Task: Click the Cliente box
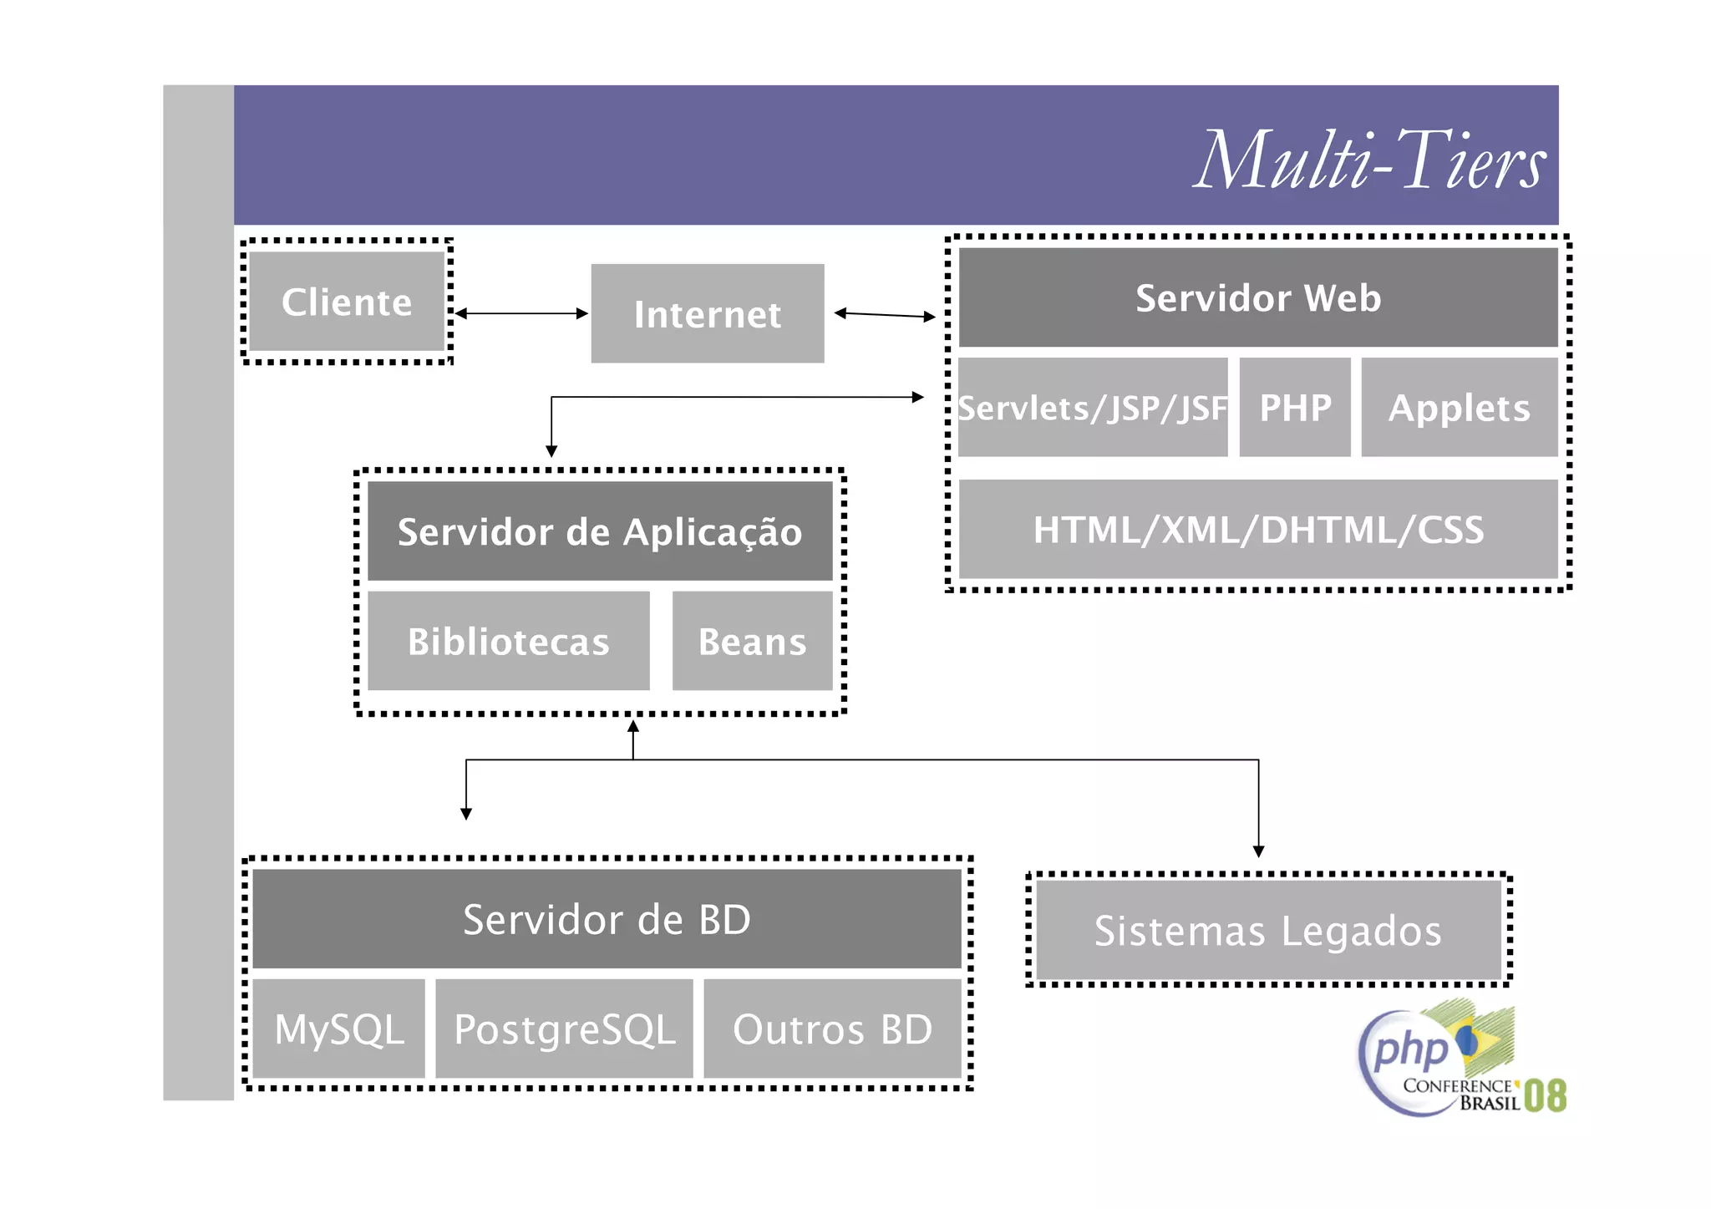pyautogui.click(x=347, y=302)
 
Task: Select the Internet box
pyautogui.click(x=707, y=314)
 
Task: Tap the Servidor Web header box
pyautogui.click(x=1257, y=297)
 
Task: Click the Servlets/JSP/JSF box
pyautogui.click(x=1092, y=408)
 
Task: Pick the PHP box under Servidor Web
pyautogui.click(x=1294, y=408)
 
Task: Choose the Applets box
pyautogui.click(x=1459, y=408)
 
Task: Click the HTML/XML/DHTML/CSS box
pyautogui.click(x=1257, y=530)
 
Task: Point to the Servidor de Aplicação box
pyautogui.click(x=600, y=531)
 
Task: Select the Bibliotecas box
pyautogui.click(x=508, y=642)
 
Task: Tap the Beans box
pyautogui.click(x=752, y=642)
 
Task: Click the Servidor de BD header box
pyautogui.click(x=607, y=919)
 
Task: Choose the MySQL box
pyautogui.click(x=338, y=1029)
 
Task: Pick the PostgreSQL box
pyautogui.click(x=564, y=1029)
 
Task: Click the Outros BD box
pyautogui.click(x=832, y=1029)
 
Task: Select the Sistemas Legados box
pyautogui.click(x=1267, y=931)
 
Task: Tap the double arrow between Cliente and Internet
pyautogui.click(x=521, y=313)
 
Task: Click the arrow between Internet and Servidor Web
pyautogui.click(x=885, y=315)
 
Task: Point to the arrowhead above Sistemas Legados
pyautogui.click(x=1258, y=851)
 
